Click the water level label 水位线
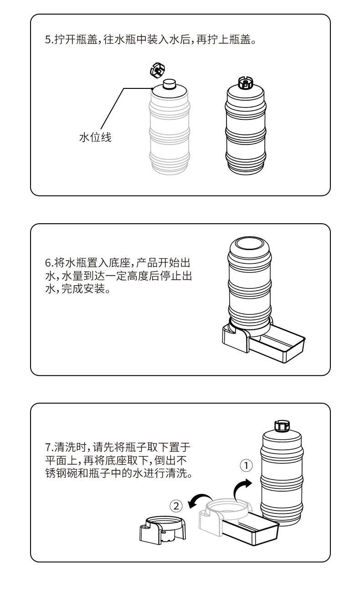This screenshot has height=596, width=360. pos(95,137)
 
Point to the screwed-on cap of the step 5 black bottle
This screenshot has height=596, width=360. pos(246,83)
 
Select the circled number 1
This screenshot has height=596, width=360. pos(246,465)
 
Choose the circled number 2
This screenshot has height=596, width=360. pos(176,505)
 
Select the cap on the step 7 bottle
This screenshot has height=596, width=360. pos(281,426)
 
